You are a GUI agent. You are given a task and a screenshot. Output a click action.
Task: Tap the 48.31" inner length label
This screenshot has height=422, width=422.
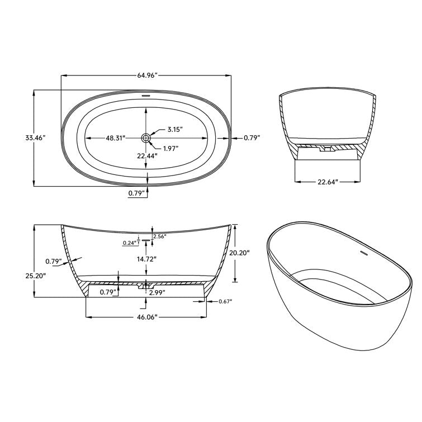click(x=115, y=137)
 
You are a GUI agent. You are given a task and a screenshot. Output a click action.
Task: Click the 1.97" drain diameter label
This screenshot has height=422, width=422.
click(x=172, y=148)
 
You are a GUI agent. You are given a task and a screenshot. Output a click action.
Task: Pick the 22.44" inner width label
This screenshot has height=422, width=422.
click(x=147, y=156)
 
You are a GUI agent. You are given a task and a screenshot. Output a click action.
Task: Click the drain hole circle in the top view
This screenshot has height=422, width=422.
click(x=146, y=137)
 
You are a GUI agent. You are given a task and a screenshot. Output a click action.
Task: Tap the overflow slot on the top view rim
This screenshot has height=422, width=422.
click(x=146, y=96)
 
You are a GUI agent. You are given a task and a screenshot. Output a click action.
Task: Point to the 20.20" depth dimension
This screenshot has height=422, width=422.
click(x=239, y=253)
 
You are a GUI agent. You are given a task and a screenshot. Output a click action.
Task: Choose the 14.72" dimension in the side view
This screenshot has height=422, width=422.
click(x=147, y=259)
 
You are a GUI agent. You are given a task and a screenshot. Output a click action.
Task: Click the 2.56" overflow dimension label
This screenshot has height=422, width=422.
click(x=159, y=236)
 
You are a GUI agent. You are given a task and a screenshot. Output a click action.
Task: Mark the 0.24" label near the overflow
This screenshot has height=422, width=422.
click(x=130, y=243)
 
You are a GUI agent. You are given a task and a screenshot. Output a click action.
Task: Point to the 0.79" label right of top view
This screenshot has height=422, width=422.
click(x=252, y=137)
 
